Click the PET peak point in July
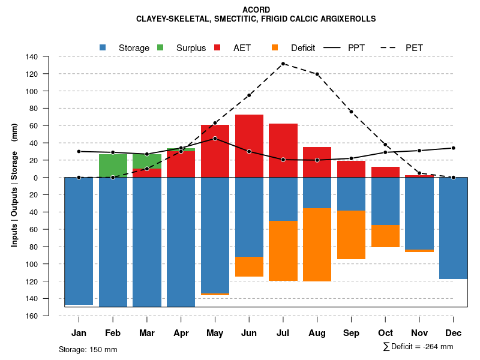click(283, 64)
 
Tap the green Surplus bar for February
click(113, 166)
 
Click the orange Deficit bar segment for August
click(317, 245)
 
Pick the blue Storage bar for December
click(453, 228)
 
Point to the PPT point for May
click(215, 139)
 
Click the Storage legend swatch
click(103, 47)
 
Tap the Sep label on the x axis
click(351, 333)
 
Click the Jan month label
click(79, 333)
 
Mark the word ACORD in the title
click(256, 10)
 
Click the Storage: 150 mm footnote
click(88, 349)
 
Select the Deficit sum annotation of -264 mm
click(418, 347)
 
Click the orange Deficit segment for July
click(283, 251)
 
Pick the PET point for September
click(351, 112)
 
